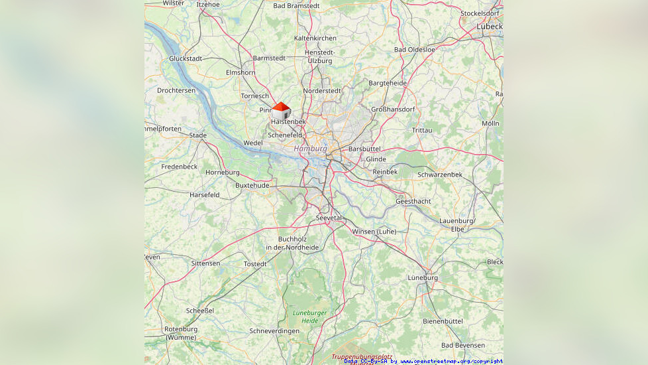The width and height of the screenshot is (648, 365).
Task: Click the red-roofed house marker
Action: (281, 110)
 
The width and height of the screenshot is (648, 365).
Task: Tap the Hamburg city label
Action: (310, 149)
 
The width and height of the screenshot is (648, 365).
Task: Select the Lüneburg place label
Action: (423, 277)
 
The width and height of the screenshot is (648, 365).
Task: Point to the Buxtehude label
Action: (252, 185)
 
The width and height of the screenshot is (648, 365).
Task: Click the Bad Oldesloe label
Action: (414, 50)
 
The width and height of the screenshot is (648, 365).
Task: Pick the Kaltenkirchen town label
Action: (315, 38)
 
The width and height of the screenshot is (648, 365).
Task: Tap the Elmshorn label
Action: (240, 72)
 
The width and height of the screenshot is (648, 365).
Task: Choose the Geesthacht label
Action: (413, 201)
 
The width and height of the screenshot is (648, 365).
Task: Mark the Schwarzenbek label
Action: (439, 175)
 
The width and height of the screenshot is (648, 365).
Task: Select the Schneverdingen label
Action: (274, 330)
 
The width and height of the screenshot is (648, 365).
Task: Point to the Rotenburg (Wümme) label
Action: (180, 333)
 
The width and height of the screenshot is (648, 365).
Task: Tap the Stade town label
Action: (197, 135)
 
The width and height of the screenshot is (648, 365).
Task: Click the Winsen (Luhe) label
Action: (374, 232)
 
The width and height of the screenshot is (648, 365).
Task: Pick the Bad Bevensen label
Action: (462, 345)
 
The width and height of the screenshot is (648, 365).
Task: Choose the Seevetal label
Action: (329, 218)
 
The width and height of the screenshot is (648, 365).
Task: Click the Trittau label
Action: (421, 130)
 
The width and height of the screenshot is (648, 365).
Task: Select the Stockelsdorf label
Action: (479, 13)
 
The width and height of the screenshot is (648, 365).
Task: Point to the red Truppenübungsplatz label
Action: (362, 356)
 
